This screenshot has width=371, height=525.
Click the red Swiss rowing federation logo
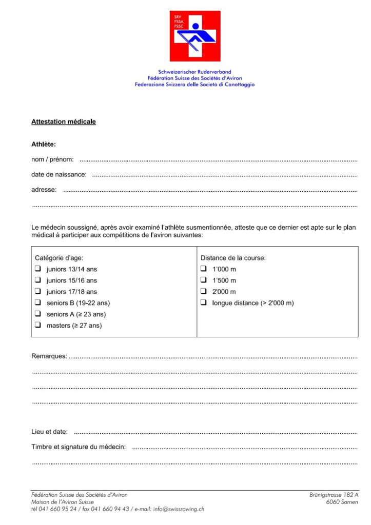pos(194,36)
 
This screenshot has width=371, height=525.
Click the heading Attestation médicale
pos(64,122)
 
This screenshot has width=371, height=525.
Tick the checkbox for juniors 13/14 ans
pos(37,269)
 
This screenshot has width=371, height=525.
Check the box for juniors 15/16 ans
pos(37,280)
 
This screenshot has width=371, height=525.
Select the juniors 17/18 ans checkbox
pos(37,292)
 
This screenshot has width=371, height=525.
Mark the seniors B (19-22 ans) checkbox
pos(37,303)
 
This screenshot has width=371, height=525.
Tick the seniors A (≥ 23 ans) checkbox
pos(37,314)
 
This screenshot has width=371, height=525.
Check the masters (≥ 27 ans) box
pos(37,326)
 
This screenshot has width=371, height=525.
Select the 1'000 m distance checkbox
pos(204,269)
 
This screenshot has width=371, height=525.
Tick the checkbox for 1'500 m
pos(204,280)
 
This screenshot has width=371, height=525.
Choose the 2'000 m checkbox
pos(204,292)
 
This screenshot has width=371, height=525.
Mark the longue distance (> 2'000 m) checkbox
pos(204,303)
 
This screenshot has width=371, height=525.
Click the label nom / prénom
pos(52,160)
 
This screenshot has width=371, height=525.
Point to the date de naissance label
pos(59,175)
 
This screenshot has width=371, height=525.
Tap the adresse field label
pos(44,190)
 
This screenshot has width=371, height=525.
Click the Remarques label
pos(49,356)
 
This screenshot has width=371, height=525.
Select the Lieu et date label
pos(49,432)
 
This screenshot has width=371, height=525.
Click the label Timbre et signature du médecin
pos(79,447)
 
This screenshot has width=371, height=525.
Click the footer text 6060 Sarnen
pos(342,502)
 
